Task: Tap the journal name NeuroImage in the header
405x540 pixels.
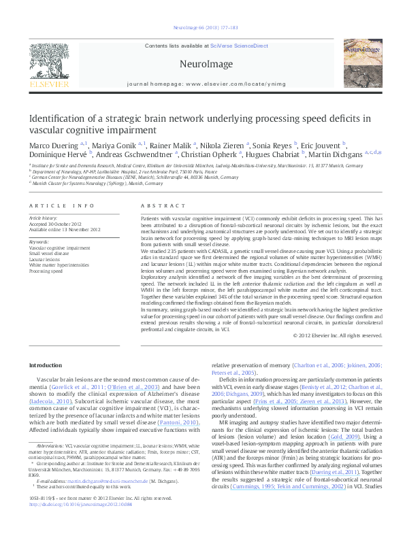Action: (x=201, y=64)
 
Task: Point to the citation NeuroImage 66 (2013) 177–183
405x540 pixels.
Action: (x=202, y=28)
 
